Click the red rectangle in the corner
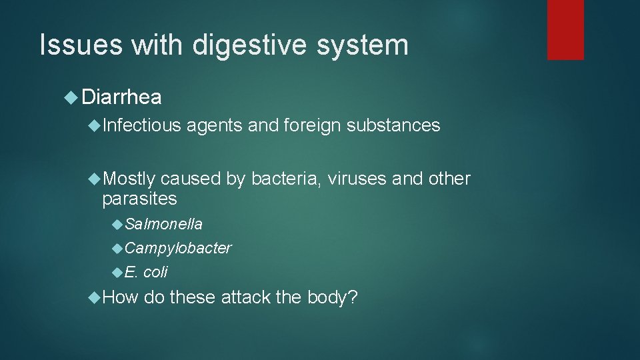565,29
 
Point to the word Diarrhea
122,98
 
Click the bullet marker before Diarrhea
71,98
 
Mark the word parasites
139,199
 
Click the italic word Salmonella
163,224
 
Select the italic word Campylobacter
178,248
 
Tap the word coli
155,272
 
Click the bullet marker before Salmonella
118,224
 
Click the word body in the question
332,297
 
